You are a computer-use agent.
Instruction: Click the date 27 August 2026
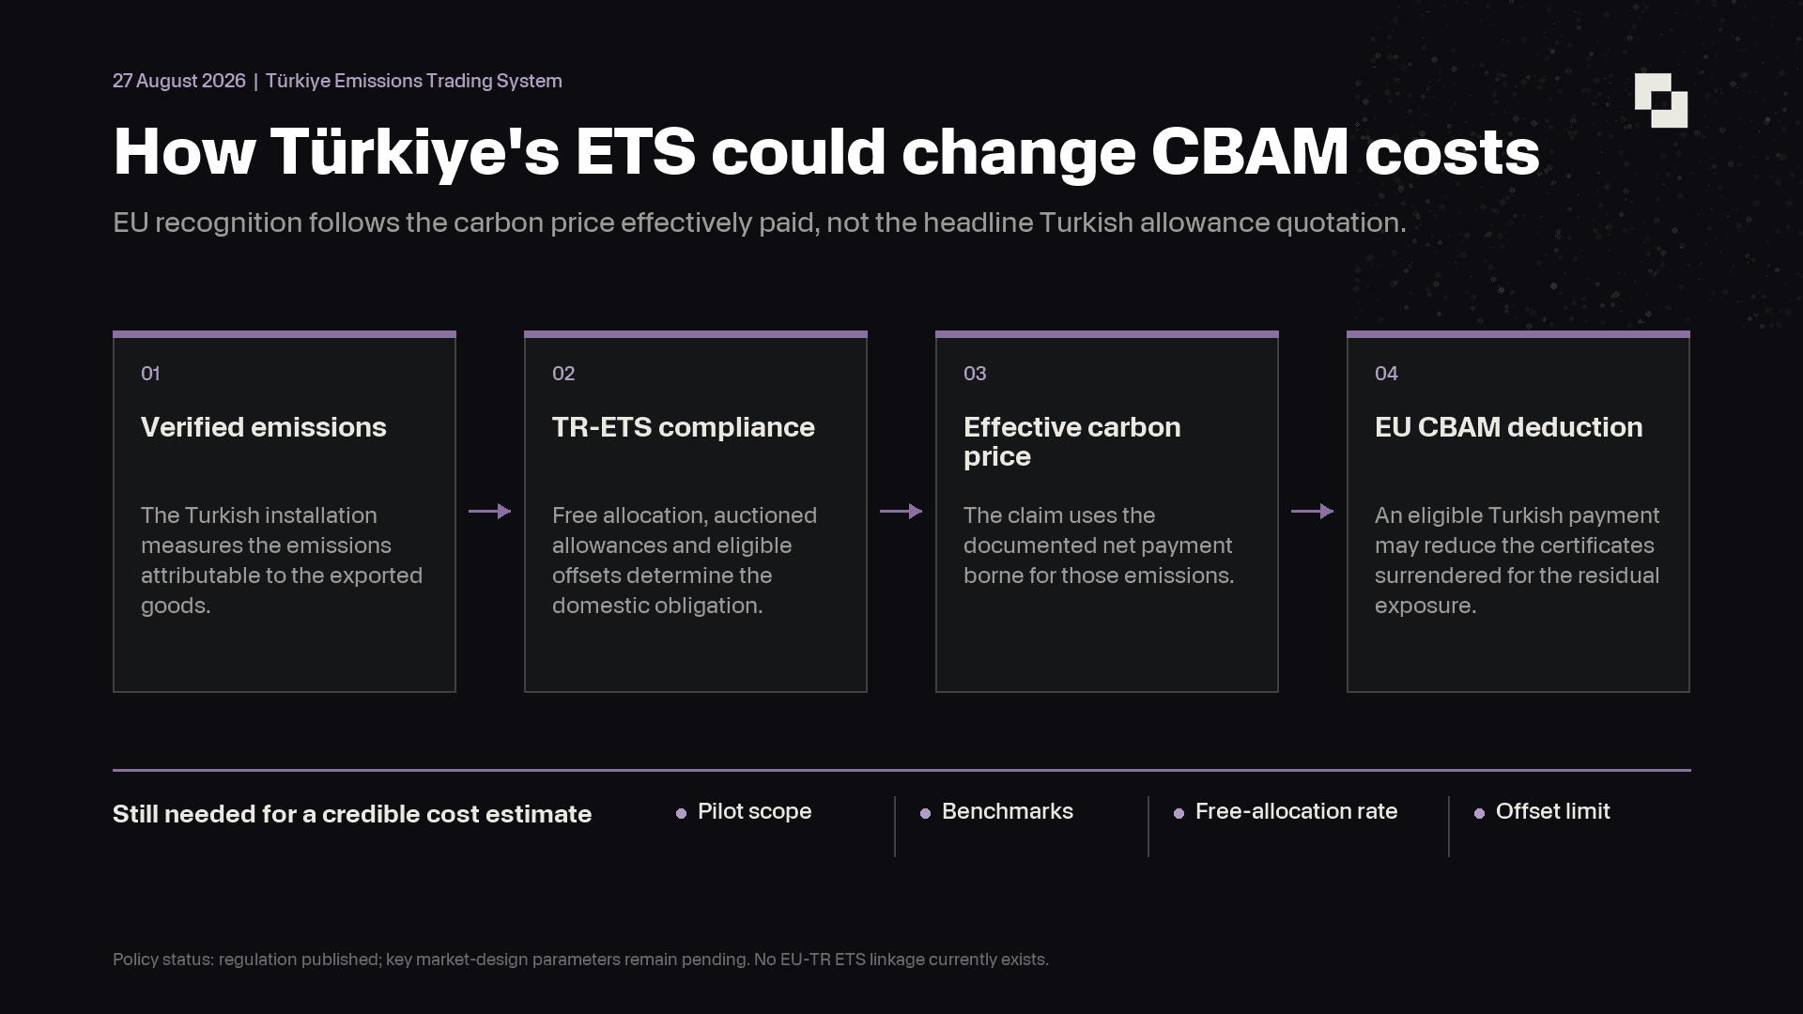click(179, 81)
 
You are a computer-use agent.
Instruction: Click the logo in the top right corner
click(1660, 100)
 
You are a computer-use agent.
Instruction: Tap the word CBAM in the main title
click(1250, 151)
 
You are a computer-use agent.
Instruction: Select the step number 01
click(150, 374)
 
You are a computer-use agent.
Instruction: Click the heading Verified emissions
click(264, 427)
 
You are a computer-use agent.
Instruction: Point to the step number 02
click(563, 374)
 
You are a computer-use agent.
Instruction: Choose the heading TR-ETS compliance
click(684, 427)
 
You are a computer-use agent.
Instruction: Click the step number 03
click(975, 374)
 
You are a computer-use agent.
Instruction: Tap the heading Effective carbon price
click(1072, 441)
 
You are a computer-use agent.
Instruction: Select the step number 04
click(1386, 374)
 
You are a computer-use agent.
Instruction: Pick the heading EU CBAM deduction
click(1509, 427)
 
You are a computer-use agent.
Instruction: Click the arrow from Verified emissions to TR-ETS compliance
click(490, 511)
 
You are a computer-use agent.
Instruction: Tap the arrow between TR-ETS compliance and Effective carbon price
click(901, 511)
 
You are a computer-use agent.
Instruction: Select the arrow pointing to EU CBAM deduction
click(1313, 511)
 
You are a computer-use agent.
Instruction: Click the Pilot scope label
click(755, 811)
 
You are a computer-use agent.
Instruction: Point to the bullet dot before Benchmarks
click(925, 813)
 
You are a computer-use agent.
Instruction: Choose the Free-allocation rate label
click(1297, 811)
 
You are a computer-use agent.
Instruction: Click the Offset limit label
click(1553, 811)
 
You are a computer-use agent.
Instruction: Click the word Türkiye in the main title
click(415, 151)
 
